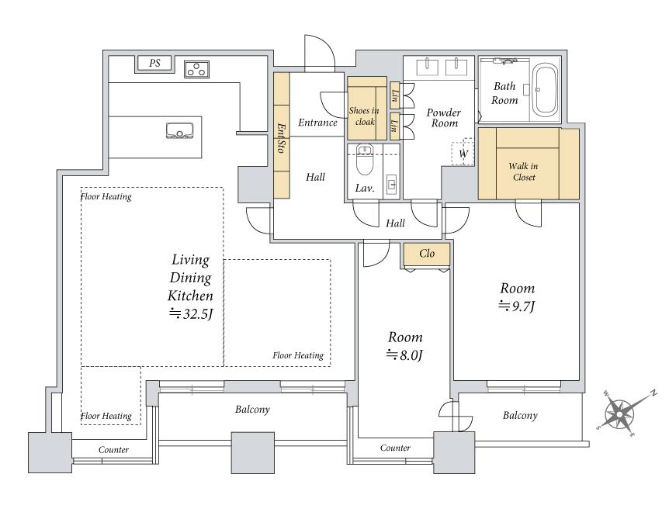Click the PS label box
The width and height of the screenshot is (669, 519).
pyautogui.click(x=154, y=63)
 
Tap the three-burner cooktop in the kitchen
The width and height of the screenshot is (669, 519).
pyautogui.click(x=196, y=69)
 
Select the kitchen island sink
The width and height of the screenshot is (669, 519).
pyautogui.click(x=179, y=131)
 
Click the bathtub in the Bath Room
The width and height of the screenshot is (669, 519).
pyautogui.click(x=546, y=90)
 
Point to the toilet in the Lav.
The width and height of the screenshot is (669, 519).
pyautogui.click(x=364, y=160)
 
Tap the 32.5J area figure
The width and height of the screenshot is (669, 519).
pyautogui.click(x=191, y=314)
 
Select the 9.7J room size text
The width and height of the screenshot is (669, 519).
pyautogui.click(x=517, y=306)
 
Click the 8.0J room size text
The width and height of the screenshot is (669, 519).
pyautogui.click(x=404, y=355)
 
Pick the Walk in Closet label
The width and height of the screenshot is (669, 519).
pyautogui.click(x=524, y=171)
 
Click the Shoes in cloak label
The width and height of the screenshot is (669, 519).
pyautogui.click(x=364, y=116)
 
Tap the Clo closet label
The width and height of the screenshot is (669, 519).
pyautogui.click(x=427, y=254)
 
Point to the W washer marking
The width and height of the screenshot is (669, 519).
pyautogui.click(x=463, y=154)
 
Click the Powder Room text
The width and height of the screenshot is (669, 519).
pyautogui.click(x=444, y=118)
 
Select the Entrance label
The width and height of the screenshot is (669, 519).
pyautogui.click(x=317, y=123)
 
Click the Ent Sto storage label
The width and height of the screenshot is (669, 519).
pyautogui.click(x=281, y=138)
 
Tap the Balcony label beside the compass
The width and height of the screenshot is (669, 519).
pyautogui.click(x=520, y=415)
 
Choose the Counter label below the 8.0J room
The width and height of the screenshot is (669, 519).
pyautogui.click(x=395, y=448)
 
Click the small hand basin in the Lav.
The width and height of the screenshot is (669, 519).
pyautogui.click(x=392, y=184)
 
